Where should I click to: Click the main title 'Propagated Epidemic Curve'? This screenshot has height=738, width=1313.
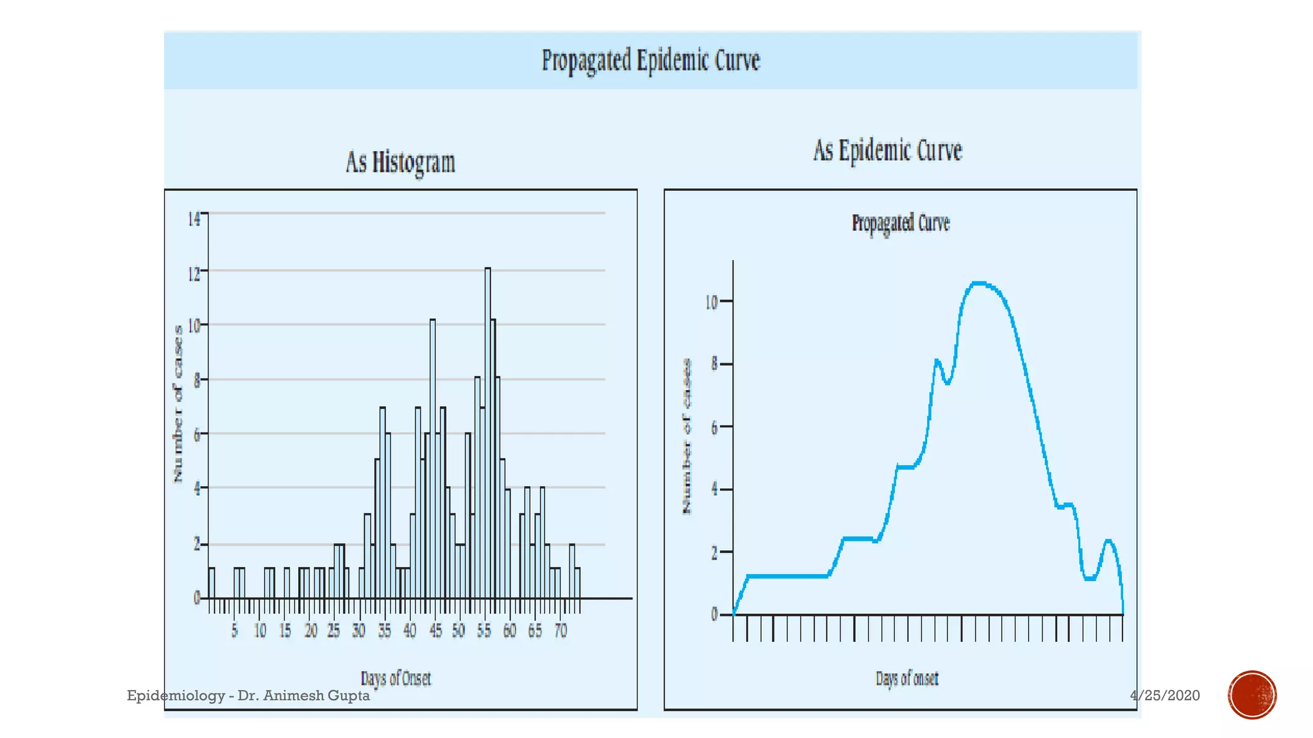click(651, 61)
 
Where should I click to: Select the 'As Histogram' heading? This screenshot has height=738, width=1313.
click(401, 162)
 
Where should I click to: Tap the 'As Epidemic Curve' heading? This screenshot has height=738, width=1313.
click(888, 151)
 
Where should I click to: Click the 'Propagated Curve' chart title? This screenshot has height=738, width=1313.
click(900, 223)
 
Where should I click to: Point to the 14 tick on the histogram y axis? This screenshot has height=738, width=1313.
click(194, 219)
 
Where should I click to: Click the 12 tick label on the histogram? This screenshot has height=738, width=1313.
click(194, 274)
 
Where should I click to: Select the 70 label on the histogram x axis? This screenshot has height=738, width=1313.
click(560, 631)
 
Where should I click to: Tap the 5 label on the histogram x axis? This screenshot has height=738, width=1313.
click(235, 631)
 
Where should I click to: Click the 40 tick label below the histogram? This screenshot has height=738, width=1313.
click(410, 631)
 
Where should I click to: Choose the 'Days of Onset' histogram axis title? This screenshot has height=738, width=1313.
click(396, 678)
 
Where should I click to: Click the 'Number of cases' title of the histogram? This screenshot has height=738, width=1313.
click(178, 404)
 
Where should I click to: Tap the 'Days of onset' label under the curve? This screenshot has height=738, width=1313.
click(907, 678)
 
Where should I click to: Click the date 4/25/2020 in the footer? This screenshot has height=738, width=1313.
click(1165, 696)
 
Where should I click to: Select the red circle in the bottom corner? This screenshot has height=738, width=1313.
click(1252, 695)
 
